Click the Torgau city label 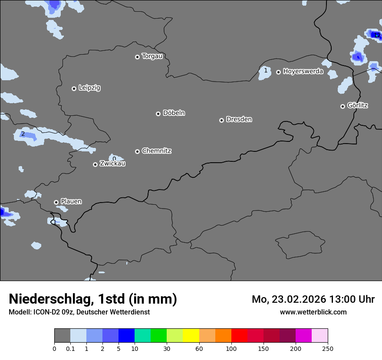point(152,56)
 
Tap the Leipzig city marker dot point(74,88)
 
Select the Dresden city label point(239,119)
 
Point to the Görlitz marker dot point(342,106)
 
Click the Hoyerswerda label point(303,72)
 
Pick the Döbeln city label point(174,113)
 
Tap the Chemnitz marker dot point(137,151)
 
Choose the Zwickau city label point(112,164)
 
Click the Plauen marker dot point(56,202)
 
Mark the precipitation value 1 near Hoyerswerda point(266,70)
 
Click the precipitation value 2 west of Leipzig point(23,134)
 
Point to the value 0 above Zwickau point(114,159)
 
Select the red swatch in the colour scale point(239,336)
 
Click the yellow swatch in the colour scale point(191,336)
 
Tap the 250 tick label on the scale point(328,348)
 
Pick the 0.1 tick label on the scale point(70,348)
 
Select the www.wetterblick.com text point(313,312)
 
